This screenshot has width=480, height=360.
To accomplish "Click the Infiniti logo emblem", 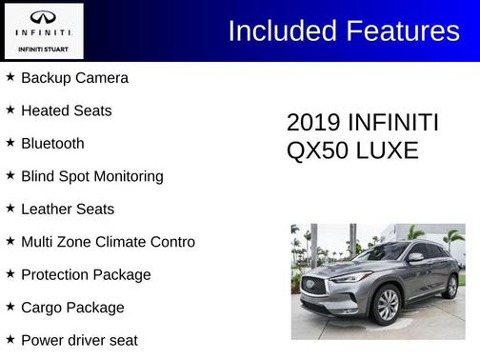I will [43, 18].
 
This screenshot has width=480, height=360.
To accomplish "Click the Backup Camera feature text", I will [74, 78].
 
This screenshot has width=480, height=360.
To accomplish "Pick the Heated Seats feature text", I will [67, 110].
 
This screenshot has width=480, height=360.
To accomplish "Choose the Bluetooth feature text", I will [52, 144].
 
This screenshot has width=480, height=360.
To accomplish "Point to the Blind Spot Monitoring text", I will [92, 176].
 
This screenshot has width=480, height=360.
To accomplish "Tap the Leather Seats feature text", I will [68, 210].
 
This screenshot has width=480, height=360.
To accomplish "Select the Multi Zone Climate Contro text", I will [108, 242].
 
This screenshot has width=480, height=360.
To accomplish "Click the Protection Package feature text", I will [86, 275].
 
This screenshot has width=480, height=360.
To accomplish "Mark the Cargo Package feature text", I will [72, 308].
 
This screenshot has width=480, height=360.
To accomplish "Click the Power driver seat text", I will [79, 340].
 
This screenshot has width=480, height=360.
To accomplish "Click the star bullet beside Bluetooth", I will [10, 143].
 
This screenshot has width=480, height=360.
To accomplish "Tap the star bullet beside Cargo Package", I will [10, 307].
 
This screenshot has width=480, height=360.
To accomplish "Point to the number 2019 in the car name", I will [313, 123].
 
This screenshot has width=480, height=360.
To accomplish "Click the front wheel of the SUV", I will [387, 305].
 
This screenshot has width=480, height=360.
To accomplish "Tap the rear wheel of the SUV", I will [450, 285].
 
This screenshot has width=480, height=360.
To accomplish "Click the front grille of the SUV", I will [313, 285].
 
